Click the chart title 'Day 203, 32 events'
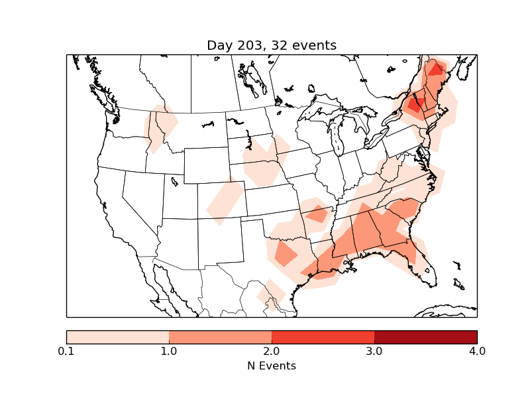272,46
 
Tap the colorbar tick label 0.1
66,351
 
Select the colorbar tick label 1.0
169,351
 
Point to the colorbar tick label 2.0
272,351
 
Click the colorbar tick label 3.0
374,351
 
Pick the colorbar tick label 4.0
476,351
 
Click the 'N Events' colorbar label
272,365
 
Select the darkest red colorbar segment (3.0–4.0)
425,337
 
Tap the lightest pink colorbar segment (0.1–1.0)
118,337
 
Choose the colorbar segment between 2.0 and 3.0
323,337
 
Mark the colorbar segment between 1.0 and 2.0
220,337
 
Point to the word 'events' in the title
314,46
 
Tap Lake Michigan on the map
336,136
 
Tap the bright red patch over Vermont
416,104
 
